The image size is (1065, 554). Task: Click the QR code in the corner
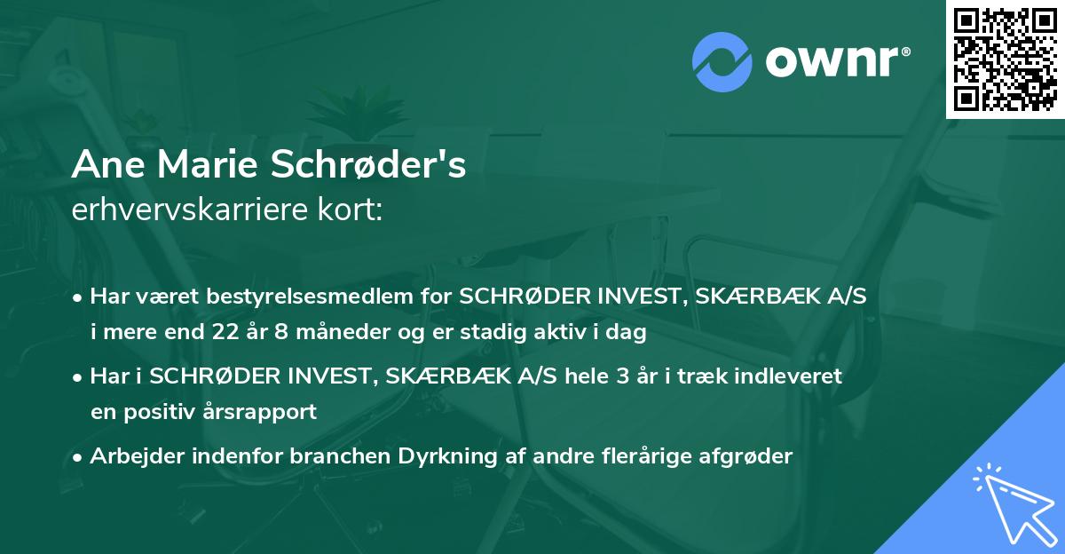pos(1006,59)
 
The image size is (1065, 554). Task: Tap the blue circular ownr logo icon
pos(722,61)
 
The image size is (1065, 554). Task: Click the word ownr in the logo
pos(835,62)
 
